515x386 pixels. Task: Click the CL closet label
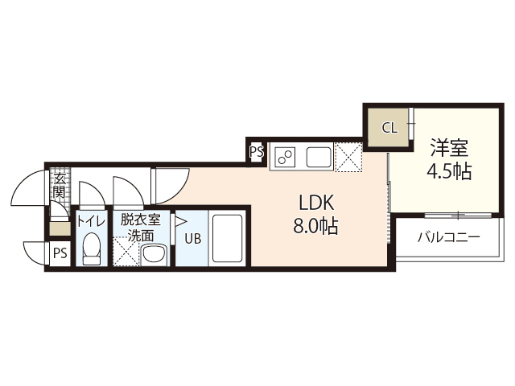coord(389,127)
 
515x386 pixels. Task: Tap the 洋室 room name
coord(449,149)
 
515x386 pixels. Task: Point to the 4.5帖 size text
coord(449,171)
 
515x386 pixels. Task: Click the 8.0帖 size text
coord(314,226)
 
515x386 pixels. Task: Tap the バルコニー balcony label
coord(448,238)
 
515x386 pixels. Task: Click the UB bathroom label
coord(192,238)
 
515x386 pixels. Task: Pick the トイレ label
coord(89,220)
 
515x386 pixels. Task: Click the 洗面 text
coord(141,236)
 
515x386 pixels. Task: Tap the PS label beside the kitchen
coord(257,150)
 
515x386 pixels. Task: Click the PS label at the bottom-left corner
coord(59,254)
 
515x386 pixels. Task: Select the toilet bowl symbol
coord(91,248)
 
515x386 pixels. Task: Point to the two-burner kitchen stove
coord(286,156)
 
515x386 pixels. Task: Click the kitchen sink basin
coord(319,156)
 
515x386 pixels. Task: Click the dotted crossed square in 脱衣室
coord(126,253)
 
